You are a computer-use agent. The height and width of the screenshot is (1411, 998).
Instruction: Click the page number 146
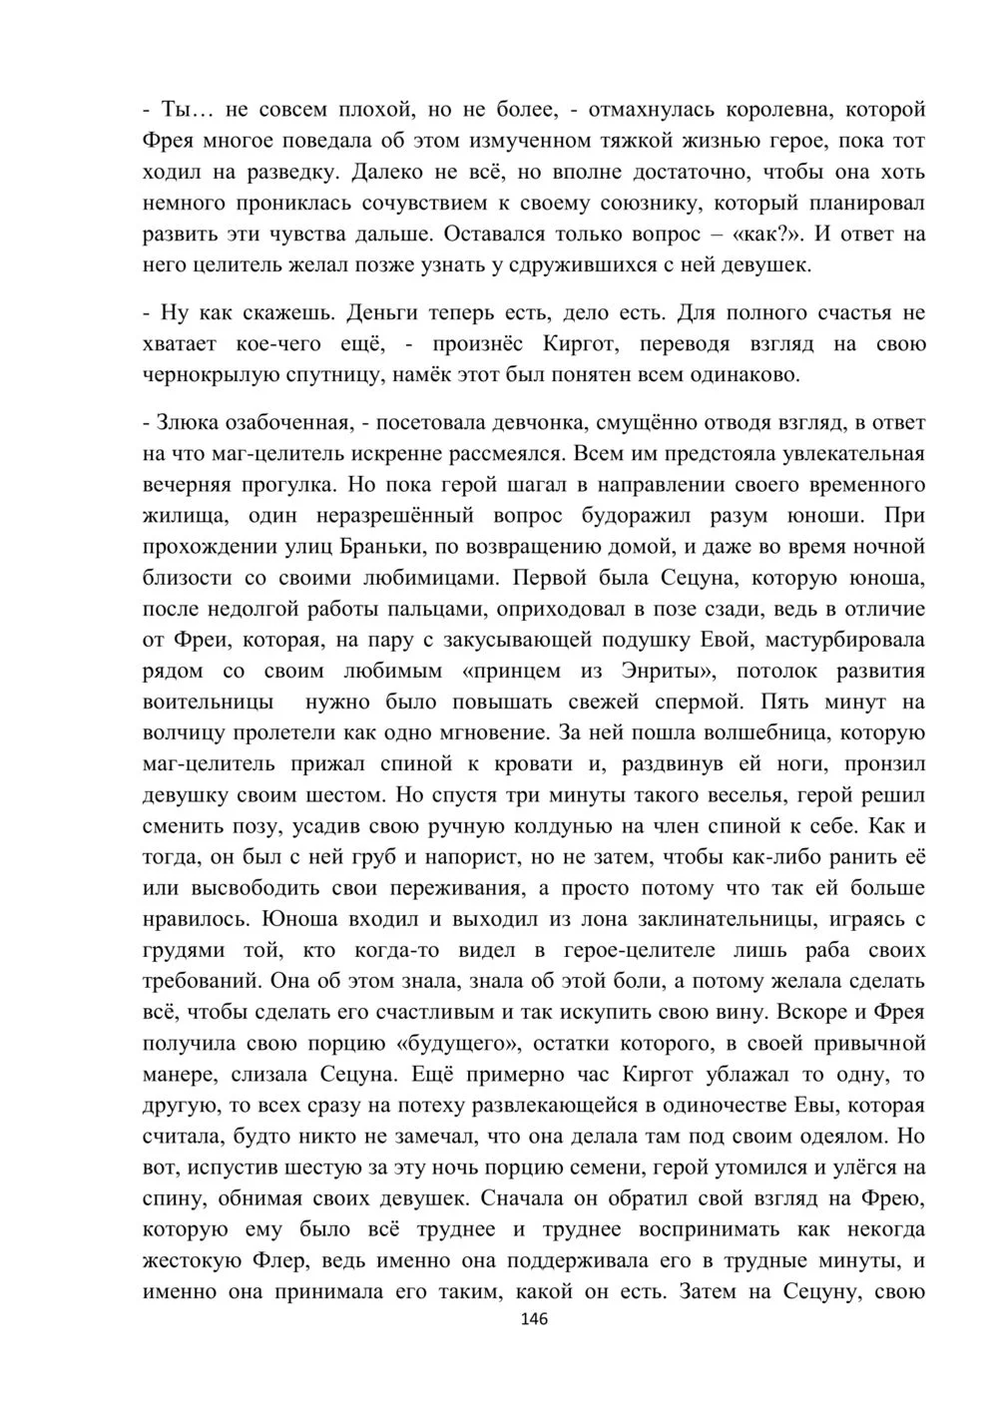pyautogui.click(x=534, y=1319)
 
